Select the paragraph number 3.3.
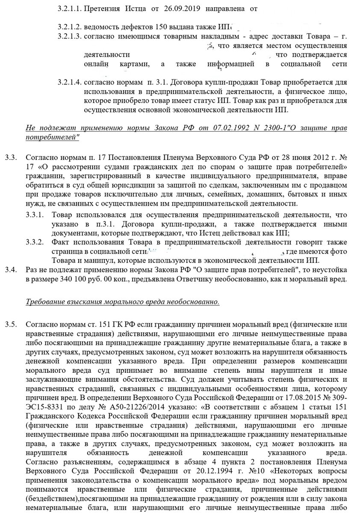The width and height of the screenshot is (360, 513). (x=11, y=158)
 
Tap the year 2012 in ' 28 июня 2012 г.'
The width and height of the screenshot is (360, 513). (x=315, y=158)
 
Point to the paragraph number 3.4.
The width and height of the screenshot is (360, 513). (x=11, y=270)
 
